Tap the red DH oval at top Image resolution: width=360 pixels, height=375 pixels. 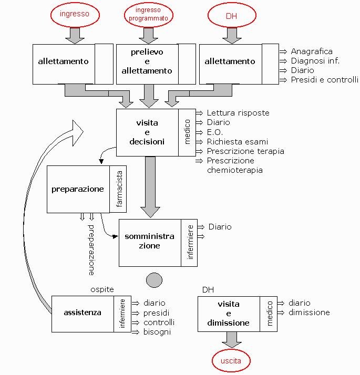pos(231,16)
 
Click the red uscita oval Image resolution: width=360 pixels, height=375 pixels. pos(231,361)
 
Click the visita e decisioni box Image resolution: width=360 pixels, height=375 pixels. pos(147,132)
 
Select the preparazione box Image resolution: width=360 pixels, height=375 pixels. pos(78,189)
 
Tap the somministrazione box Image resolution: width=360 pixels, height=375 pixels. pos(149,242)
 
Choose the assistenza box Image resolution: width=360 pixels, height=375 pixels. pos(83,313)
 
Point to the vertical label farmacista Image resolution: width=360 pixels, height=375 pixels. pos(119,189)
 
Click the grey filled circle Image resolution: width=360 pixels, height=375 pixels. pos(154,279)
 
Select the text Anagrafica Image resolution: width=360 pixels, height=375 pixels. pos(312,51)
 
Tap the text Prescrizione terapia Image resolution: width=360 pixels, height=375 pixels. pos(245,151)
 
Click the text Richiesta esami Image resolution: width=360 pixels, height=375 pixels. pos(237,142)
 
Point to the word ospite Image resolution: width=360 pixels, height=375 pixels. pos(102,289)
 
